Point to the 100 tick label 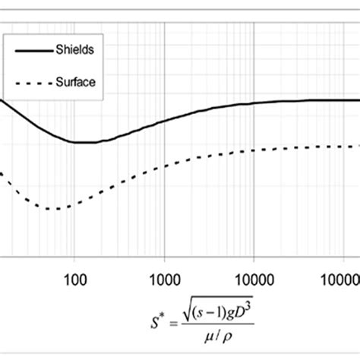(74, 278)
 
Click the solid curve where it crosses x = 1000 (165, 118)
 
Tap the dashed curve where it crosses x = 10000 (254, 150)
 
